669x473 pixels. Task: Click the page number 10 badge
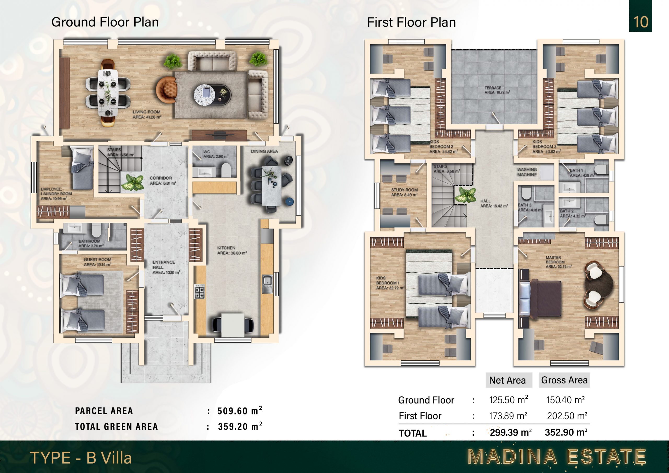click(x=641, y=16)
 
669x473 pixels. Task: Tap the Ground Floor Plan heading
click(x=105, y=22)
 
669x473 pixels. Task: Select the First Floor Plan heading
click(x=411, y=22)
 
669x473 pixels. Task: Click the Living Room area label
click(x=147, y=114)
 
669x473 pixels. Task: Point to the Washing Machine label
click(x=527, y=172)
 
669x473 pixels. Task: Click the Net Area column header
click(x=507, y=380)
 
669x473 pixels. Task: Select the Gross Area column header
click(x=564, y=380)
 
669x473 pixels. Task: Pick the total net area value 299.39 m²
click(x=510, y=433)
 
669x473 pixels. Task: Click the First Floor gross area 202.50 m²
click(x=567, y=416)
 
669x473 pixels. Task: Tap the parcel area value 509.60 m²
click(x=240, y=411)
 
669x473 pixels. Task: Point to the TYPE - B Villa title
click(x=81, y=458)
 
